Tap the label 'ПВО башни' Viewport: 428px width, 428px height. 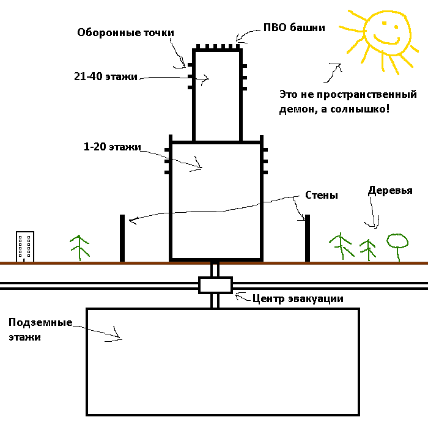[294, 28]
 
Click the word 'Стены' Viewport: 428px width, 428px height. [322, 196]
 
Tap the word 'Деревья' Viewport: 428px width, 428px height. [390, 190]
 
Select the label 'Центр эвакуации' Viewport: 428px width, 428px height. [298, 298]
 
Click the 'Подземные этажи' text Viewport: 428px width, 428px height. [40, 329]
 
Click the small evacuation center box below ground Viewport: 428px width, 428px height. [215, 285]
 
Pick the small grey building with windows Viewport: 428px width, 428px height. [25, 246]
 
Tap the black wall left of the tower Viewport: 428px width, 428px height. [122, 238]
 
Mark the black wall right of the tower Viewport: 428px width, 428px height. [307, 238]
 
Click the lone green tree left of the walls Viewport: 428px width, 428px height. [79, 247]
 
